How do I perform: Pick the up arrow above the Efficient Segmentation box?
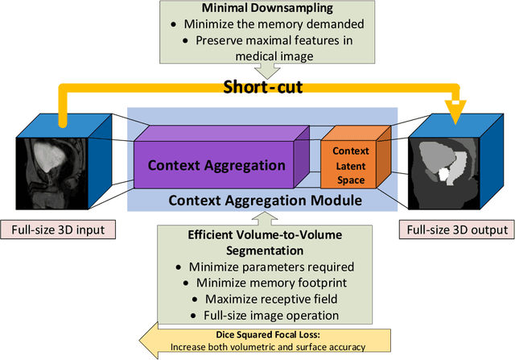coord(258,217)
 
